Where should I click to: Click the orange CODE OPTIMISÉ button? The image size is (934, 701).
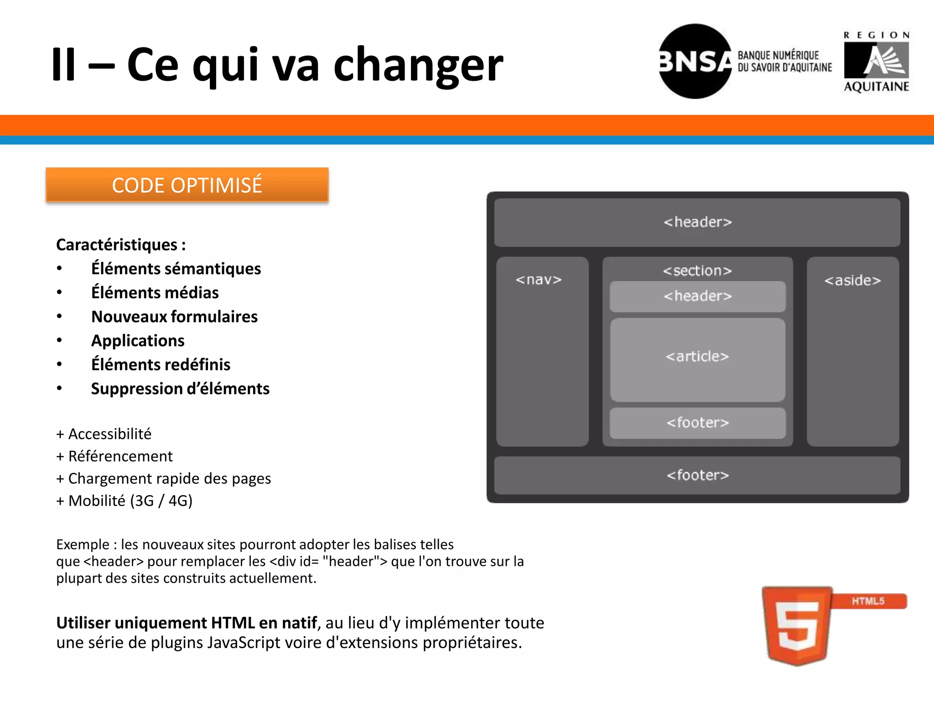point(187,185)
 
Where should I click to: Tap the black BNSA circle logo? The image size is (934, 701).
point(695,61)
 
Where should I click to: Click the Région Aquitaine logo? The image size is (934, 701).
point(876,62)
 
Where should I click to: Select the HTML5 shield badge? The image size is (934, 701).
point(797,625)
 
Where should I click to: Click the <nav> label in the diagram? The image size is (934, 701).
point(539,279)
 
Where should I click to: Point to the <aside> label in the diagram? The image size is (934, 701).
point(852,280)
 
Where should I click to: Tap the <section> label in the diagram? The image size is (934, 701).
point(697,271)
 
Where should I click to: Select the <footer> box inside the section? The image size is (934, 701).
point(697,423)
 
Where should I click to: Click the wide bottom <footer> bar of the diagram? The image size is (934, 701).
point(697,475)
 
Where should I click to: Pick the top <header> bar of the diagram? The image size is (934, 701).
point(697,222)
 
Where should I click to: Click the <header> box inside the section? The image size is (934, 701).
point(697,296)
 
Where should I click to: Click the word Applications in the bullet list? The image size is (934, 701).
point(138,340)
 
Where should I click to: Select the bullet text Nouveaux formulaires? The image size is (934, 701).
point(174,317)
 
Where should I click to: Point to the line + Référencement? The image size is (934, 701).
point(114,456)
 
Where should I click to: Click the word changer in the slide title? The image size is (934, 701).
point(418,65)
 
